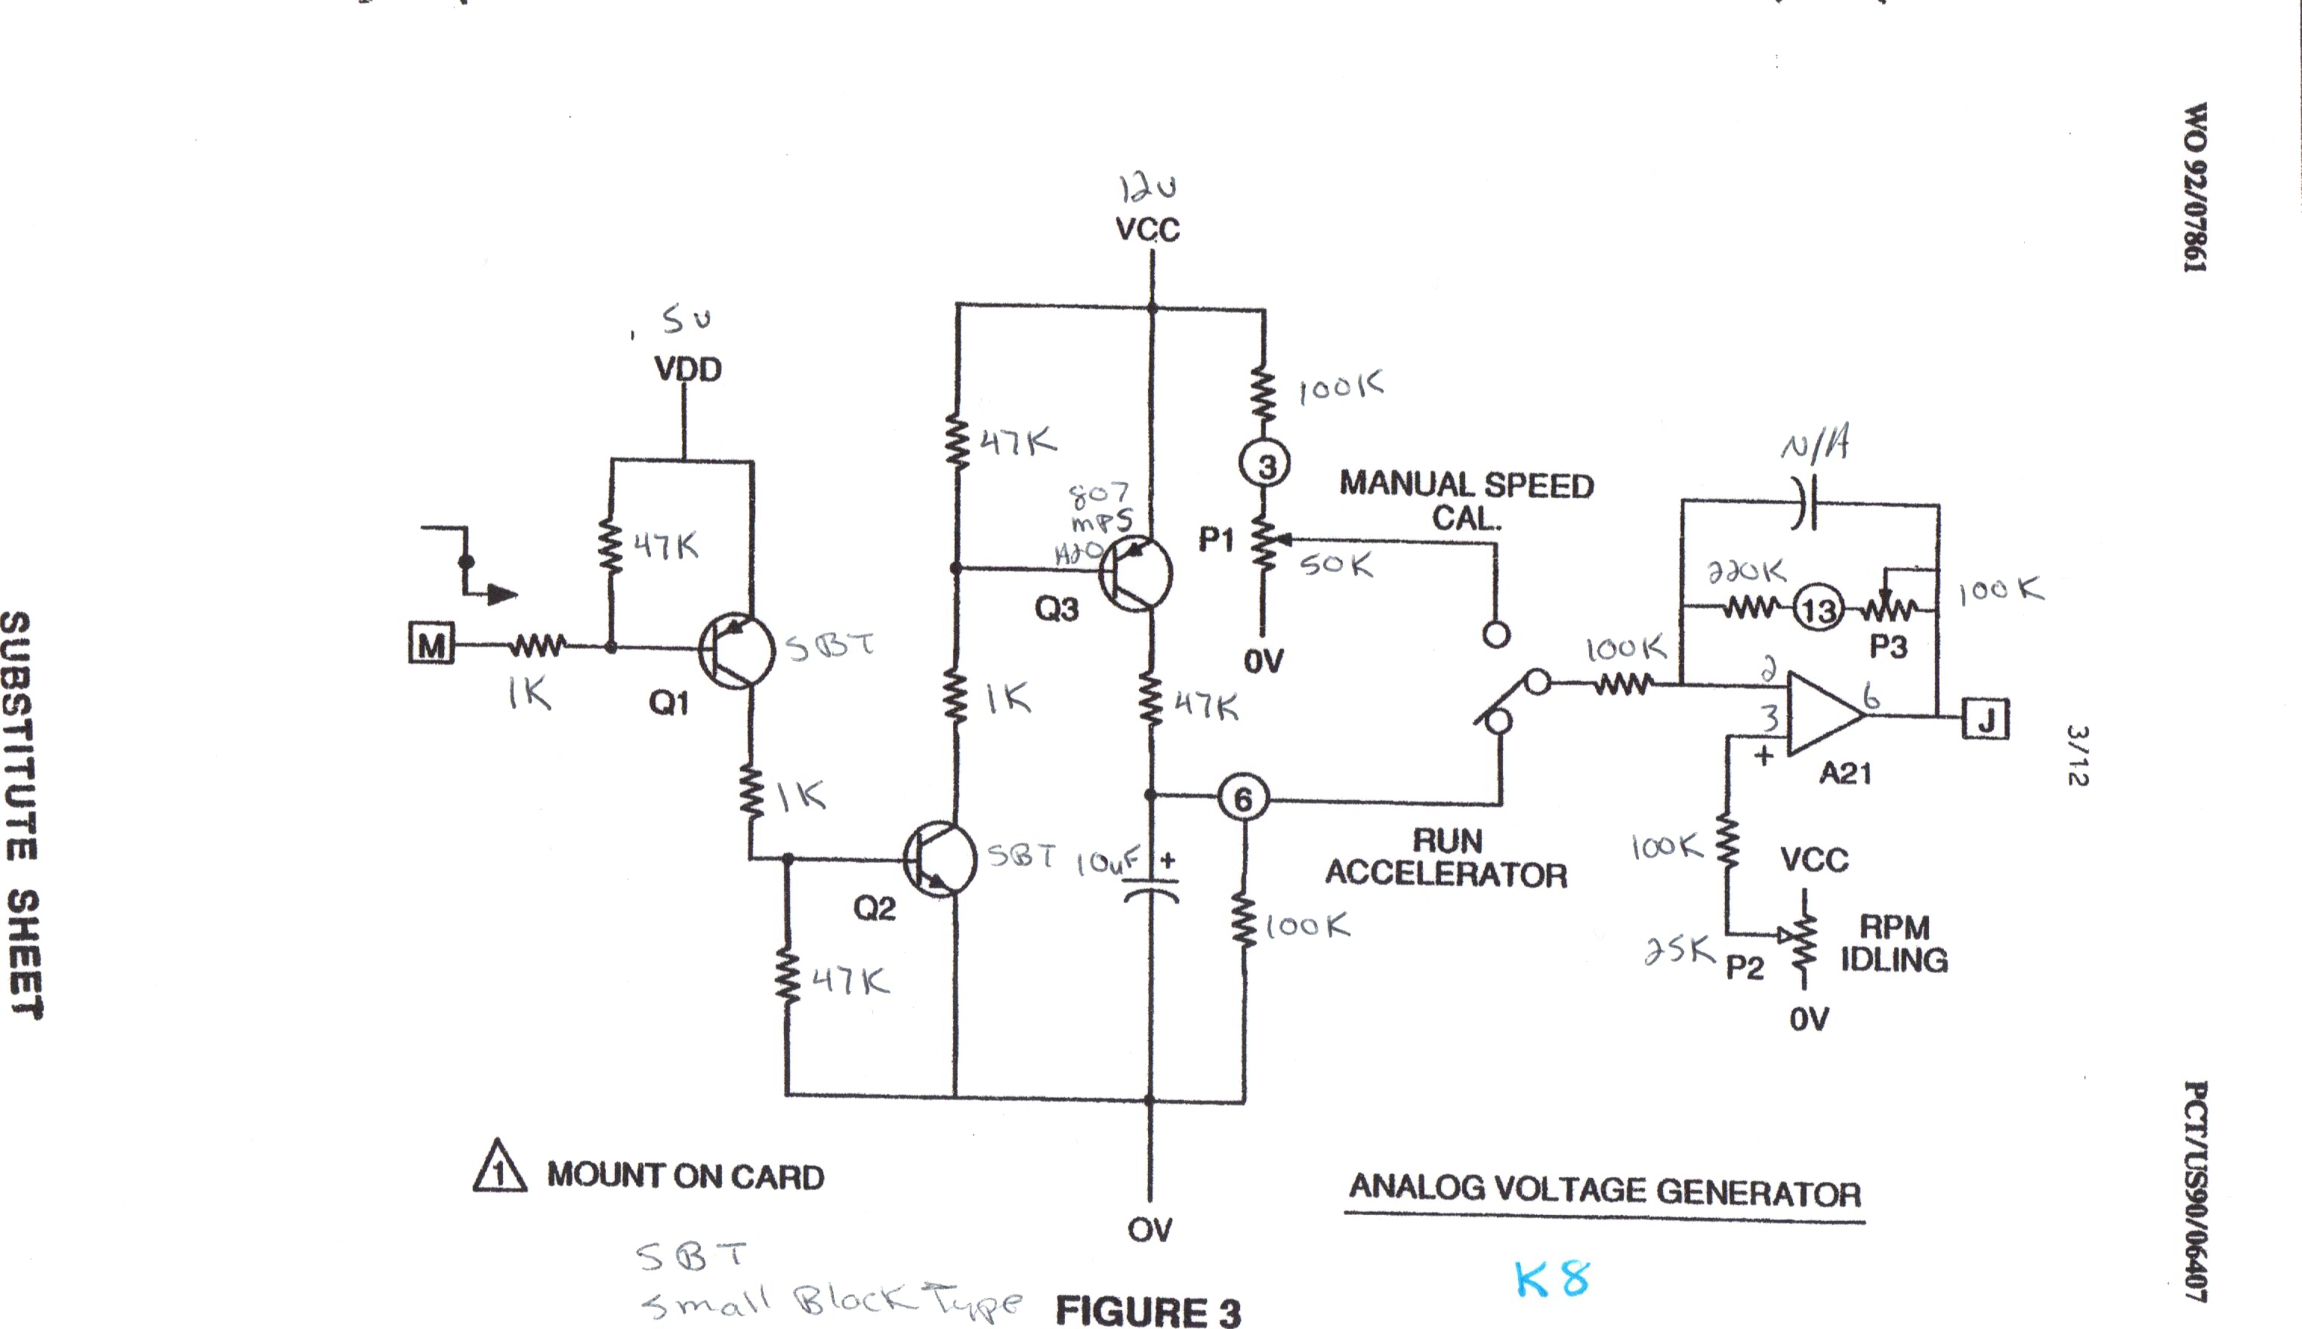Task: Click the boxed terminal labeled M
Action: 430,644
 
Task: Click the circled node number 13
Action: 1819,609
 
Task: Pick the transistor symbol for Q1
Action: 736,649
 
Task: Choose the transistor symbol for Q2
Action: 940,859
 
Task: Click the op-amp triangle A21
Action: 1823,714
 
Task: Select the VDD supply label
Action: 688,369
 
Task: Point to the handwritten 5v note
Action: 686,320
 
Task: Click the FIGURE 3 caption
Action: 1148,1312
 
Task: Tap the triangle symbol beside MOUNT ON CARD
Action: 499,1167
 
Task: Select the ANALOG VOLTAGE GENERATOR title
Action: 1604,1189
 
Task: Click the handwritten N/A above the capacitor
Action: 1816,447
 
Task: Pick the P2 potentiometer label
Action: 1745,966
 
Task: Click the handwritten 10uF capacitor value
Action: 1106,861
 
